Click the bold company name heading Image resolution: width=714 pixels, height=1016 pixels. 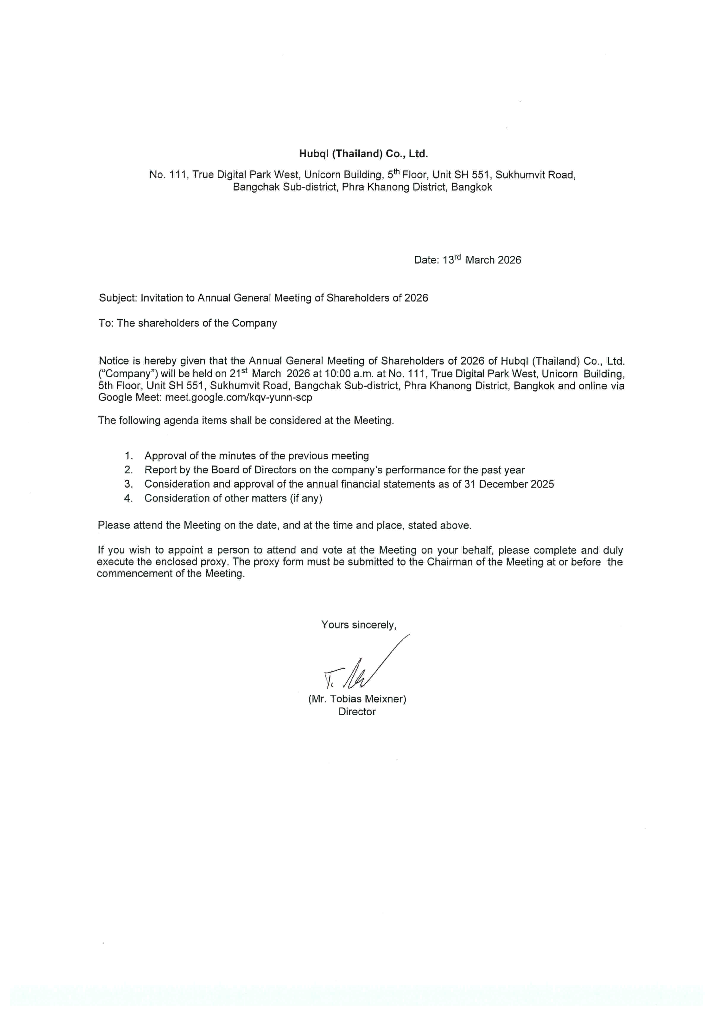click(363, 154)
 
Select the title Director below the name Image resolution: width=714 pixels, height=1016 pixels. click(357, 711)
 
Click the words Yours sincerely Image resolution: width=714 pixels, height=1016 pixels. click(359, 624)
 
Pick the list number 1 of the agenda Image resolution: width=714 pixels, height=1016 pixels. click(128, 456)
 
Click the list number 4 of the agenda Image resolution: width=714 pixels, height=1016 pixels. click(128, 498)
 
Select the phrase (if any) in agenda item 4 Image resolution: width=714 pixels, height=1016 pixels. click(306, 498)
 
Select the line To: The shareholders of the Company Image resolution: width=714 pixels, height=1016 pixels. click(187, 323)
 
